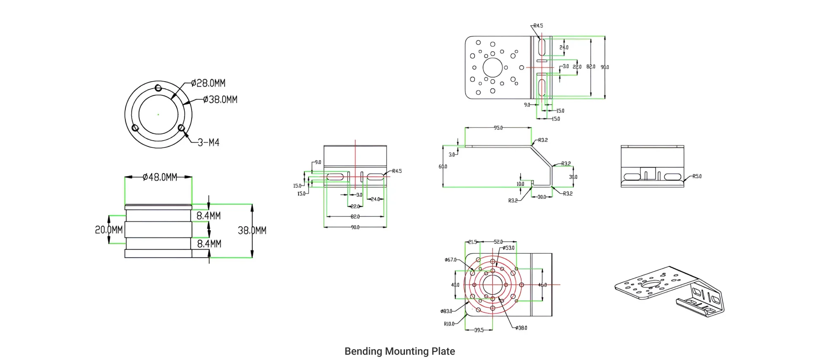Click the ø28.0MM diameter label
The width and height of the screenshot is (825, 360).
(209, 83)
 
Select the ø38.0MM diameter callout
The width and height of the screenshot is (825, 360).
(220, 99)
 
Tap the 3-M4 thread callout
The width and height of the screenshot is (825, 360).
(209, 143)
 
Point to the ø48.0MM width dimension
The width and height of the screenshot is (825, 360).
(160, 177)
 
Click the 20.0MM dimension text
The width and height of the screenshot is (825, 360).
(109, 230)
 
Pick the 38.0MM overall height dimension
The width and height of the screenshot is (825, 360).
(252, 231)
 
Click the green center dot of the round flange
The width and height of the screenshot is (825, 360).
(158, 114)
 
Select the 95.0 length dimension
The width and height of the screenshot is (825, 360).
(498, 128)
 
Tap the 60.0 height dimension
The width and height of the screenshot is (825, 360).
(443, 167)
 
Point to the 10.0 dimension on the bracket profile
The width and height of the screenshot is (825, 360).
(520, 184)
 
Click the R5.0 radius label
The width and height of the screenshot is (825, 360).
(697, 176)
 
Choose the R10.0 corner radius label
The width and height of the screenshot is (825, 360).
(449, 324)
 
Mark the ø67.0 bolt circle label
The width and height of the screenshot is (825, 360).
(451, 260)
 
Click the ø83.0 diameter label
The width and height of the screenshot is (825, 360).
(447, 311)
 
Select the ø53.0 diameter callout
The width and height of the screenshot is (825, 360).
(508, 248)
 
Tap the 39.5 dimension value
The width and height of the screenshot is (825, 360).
(479, 330)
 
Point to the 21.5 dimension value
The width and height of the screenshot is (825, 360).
(472, 242)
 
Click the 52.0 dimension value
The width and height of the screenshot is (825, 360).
(498, 242)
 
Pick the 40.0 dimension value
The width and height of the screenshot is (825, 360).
(455, 285)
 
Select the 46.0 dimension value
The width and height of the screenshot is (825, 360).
(543, 285)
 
